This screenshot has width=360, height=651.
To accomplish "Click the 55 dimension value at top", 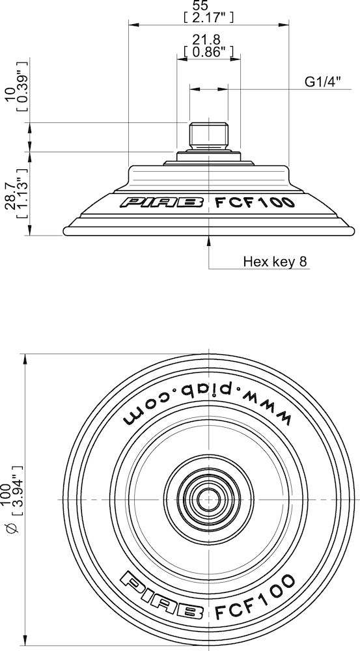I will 209,6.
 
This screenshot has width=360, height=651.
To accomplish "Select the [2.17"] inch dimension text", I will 209,17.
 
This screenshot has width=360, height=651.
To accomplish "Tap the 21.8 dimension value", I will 209,40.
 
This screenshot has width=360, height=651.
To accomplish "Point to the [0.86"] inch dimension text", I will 209,51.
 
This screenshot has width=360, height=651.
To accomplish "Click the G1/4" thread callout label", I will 323,83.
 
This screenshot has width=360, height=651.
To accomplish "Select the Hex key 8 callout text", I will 275,262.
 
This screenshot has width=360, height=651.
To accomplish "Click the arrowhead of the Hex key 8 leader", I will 208,240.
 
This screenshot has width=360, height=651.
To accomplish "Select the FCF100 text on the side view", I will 255,202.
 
